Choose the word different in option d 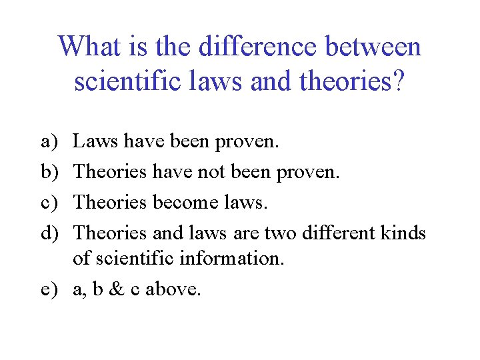click(337, 233)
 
